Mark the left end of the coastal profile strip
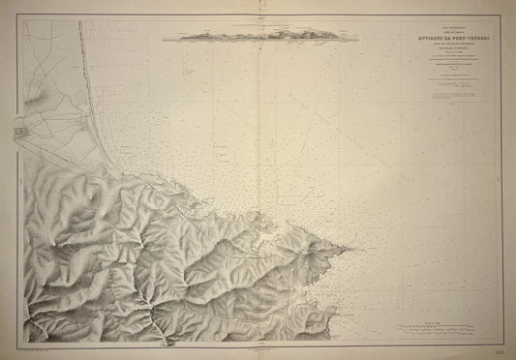(x=164, y=38)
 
